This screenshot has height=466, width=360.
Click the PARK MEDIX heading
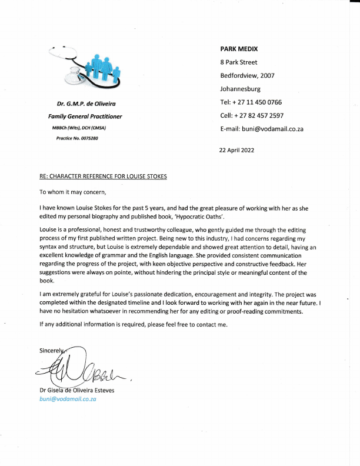239,48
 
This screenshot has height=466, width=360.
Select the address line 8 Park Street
238,62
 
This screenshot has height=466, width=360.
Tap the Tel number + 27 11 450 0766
251,102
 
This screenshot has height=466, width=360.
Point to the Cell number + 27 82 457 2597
252,115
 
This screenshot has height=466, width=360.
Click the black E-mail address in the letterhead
261,129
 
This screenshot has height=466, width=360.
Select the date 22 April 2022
236,150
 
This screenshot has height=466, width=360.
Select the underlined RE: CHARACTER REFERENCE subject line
103,177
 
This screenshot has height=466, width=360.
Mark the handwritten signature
82,368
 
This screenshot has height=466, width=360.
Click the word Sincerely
51,350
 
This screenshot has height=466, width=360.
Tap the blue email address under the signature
68,398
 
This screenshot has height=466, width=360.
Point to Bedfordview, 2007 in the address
247,75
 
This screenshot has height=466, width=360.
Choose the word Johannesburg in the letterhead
240,89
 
